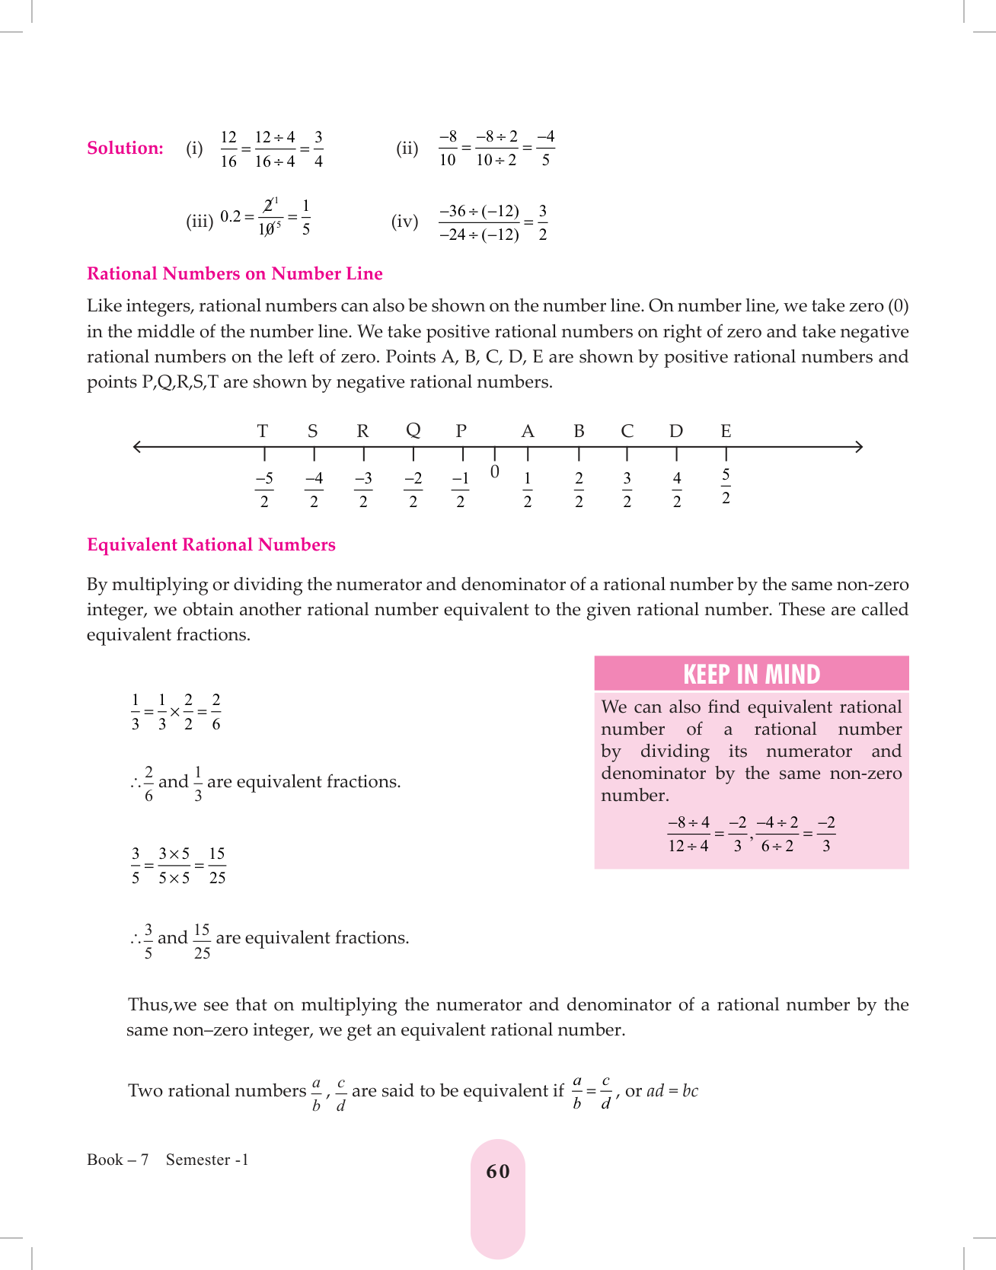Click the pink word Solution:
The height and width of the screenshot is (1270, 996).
tap(125, 148)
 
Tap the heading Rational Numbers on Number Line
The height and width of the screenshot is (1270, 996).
tap(235, 273)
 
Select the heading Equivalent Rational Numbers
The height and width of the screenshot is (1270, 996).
tap(211, 544)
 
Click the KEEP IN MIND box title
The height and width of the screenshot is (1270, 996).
tap(751, 674)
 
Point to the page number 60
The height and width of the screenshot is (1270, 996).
tap(498, 1171)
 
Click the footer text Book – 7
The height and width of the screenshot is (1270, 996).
tap(117, 1160)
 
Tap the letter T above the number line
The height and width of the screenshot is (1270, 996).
tap(263, 431)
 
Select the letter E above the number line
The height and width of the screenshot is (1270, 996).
tap(726, 431)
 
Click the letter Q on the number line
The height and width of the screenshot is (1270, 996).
tap(413, 430)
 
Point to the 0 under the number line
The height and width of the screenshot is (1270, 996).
tap(495, 472)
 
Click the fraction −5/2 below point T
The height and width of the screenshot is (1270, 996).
tap(264, 490)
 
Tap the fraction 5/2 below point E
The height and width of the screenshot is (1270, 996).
tap(726, 487)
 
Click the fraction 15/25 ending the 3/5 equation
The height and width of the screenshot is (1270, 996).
tap(217, 866)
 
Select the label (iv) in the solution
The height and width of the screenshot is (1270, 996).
tap(404, 222)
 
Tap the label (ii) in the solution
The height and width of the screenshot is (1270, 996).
tap(407, 148)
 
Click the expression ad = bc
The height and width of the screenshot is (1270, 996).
tap(672, 1090)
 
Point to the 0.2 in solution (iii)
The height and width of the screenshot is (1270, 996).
tap(231, 216)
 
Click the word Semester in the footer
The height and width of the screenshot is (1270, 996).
tap(198, 1160)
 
